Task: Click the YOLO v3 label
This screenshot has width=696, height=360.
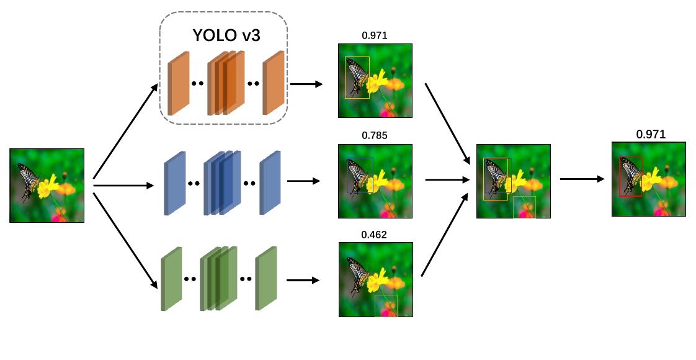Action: (226, 35)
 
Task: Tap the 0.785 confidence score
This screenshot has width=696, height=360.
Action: (375, 135)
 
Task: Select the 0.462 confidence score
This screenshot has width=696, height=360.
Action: (375, 235)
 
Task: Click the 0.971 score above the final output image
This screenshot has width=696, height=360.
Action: (650, 134)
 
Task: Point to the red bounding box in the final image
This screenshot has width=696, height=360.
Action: (621, 177)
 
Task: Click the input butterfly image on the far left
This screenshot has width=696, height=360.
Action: (47, 185)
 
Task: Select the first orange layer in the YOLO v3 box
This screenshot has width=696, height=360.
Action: (178, 84)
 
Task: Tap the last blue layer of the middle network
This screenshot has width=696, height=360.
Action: (270, 183)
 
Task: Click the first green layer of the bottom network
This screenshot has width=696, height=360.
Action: (171, 279)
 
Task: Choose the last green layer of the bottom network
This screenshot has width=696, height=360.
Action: (265, 279)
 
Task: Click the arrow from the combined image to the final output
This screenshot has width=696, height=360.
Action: (582, 179)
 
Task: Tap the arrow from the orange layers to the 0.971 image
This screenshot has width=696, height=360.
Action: (306, 84)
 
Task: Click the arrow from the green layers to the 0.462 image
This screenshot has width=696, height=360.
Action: (303, 280)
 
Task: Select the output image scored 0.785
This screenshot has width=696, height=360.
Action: (375, 181)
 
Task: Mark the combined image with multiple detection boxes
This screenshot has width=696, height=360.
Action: (513, 181)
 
